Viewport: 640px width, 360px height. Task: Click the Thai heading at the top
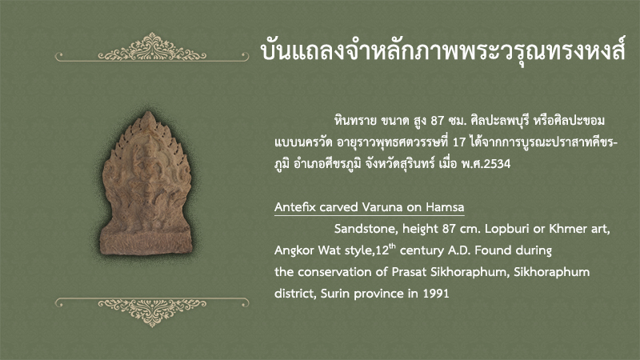click(x=443, y=50)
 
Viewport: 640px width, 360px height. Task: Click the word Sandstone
click(x=366, y=229)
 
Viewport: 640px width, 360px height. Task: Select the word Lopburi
click(x=502, y=229)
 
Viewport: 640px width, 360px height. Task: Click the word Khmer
click(x=566, y=229)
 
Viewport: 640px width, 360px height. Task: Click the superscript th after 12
click(x=392, y=246)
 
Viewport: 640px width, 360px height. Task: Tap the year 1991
click(x=435, y=294)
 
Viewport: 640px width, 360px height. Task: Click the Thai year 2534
click(x=497, y=164)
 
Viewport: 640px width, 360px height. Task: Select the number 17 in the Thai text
click(x=459, y=142)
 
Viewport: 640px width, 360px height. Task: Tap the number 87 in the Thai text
click(x=437, y=121)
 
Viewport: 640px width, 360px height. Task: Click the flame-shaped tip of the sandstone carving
click(x=148, y=118)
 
